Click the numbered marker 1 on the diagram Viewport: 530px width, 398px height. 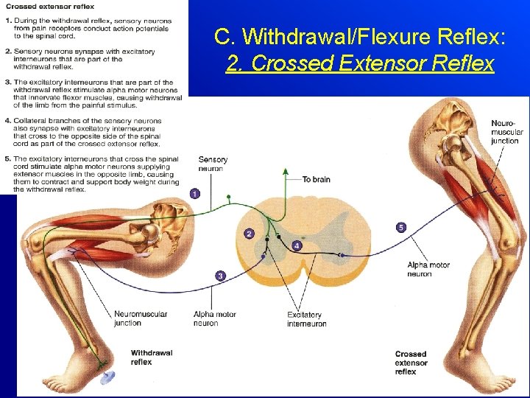[x=194, y=193]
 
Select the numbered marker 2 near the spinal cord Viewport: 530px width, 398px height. [x=250, y=234]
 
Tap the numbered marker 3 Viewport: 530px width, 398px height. [x=220, y=276]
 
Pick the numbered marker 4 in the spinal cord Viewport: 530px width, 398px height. [x=297, y=245]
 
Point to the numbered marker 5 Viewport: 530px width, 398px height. [x=400, y=227]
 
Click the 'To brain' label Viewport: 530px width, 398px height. [x=317, y=179]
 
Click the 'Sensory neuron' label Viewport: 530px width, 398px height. [x=213, y=164]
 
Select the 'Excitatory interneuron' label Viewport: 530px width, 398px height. [x=306, y=319]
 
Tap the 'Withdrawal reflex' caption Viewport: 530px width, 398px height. [x=151, y=357]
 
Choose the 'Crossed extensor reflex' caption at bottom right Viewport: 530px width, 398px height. [x=411, y=363]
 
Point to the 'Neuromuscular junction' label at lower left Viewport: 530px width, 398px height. [x=140, y=318]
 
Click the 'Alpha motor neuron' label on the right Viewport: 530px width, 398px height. [x=428, y=269]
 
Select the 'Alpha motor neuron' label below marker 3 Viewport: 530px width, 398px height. [x=214, y=318]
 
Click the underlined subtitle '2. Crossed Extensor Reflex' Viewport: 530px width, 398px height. [x=360, y=64]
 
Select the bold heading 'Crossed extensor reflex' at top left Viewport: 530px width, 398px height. [x=49, y=7]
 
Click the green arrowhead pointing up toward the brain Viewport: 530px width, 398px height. [x=286, y=171]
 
